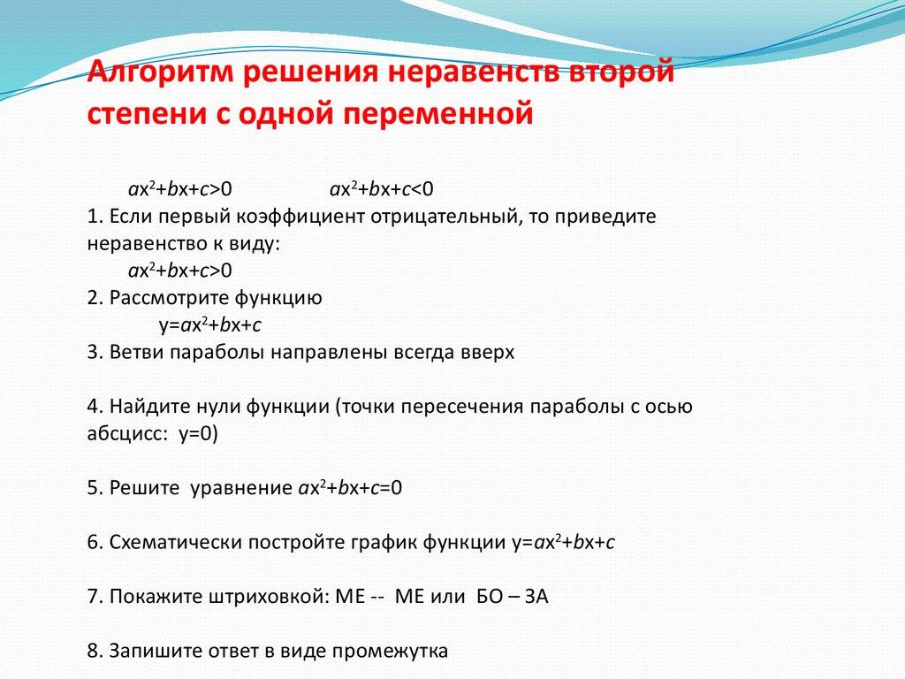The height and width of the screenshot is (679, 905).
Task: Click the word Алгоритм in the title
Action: pos(160,72)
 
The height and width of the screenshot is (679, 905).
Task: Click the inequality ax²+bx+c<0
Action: pos(382,189)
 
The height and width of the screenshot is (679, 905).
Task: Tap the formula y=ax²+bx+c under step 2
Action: pos(210,325)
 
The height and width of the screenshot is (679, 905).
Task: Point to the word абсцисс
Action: pos(125,433)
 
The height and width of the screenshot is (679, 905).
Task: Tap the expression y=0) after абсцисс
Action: pos(199,433)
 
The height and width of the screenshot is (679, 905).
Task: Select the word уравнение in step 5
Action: pos(241,488)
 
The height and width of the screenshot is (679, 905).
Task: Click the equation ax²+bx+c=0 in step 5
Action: pos(350,488)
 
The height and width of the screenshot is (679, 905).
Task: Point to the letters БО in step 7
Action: pos(490,597)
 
